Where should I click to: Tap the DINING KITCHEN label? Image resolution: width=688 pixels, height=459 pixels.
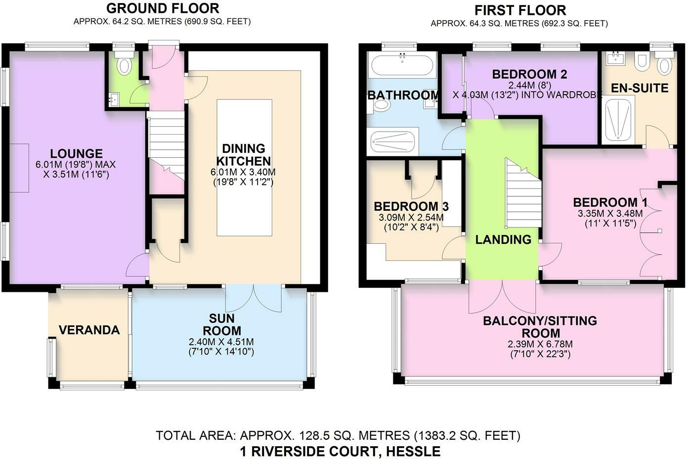pyautogui.click(x=243, y=155)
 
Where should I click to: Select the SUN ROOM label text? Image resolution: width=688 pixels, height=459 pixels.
pyautogui.click(x=221, y=324)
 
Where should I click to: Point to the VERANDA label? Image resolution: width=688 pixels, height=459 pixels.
pyautogui.click(x=89, y=330)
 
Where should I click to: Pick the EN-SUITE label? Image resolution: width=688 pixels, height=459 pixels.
pyautogui.click(x=640, y=89)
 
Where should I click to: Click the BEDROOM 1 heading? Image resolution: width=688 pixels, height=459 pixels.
pyautogui.click(x=610, y=202)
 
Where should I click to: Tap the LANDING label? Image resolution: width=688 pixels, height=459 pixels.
pyautogui.click(x=503, y=240)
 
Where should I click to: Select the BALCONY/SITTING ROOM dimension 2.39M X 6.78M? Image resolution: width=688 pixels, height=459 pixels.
pyautogui.click(x=540, y=344)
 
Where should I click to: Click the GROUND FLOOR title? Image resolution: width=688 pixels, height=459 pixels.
pyautogui.click(x=163, y=8)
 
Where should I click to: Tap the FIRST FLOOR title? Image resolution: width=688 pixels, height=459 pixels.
pyautogui.click(x=520, y=10)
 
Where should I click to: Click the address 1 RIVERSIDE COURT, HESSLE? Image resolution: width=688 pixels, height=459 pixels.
pyautogui.click(x=340, y=451)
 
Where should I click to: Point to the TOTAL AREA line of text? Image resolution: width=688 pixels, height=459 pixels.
pyautogui.click(x=338, y=436)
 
